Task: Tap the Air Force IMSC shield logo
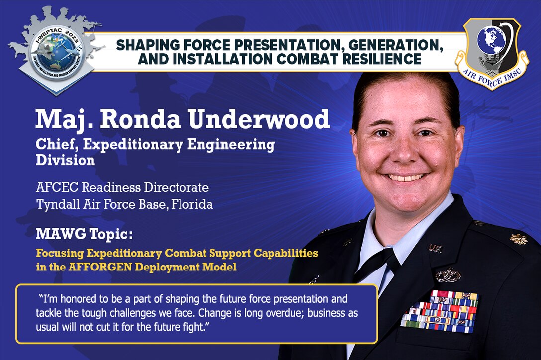[492, 54]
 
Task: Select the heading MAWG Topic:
[84, 233]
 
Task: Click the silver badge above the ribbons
[448, 274]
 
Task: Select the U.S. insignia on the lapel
[435, 248]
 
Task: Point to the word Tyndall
[55, 204]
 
